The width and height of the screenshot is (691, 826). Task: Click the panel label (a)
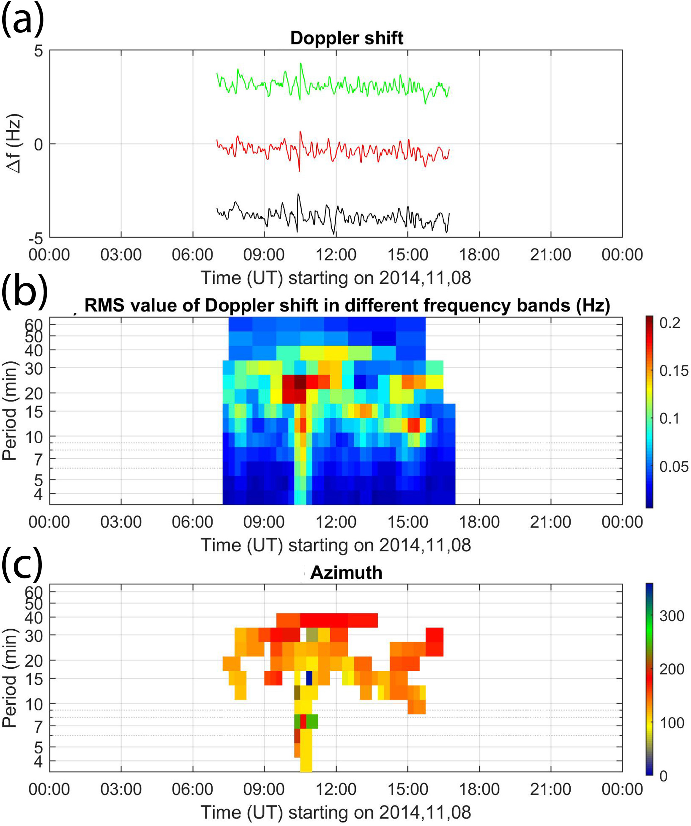22,20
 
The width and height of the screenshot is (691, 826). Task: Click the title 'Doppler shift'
346,38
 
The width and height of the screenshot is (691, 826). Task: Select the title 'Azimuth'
346,572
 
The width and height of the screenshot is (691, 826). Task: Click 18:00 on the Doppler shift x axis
479,255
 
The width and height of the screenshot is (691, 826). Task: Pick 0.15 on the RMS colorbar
674,371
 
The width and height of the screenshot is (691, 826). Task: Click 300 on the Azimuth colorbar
671,616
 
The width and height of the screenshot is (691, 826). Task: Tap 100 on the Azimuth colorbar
671,723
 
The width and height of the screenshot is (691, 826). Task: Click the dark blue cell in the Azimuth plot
309,678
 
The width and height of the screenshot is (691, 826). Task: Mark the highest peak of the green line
301,63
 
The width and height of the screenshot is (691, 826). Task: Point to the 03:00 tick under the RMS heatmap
121,522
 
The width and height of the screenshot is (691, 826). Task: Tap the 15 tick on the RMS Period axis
34,411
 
